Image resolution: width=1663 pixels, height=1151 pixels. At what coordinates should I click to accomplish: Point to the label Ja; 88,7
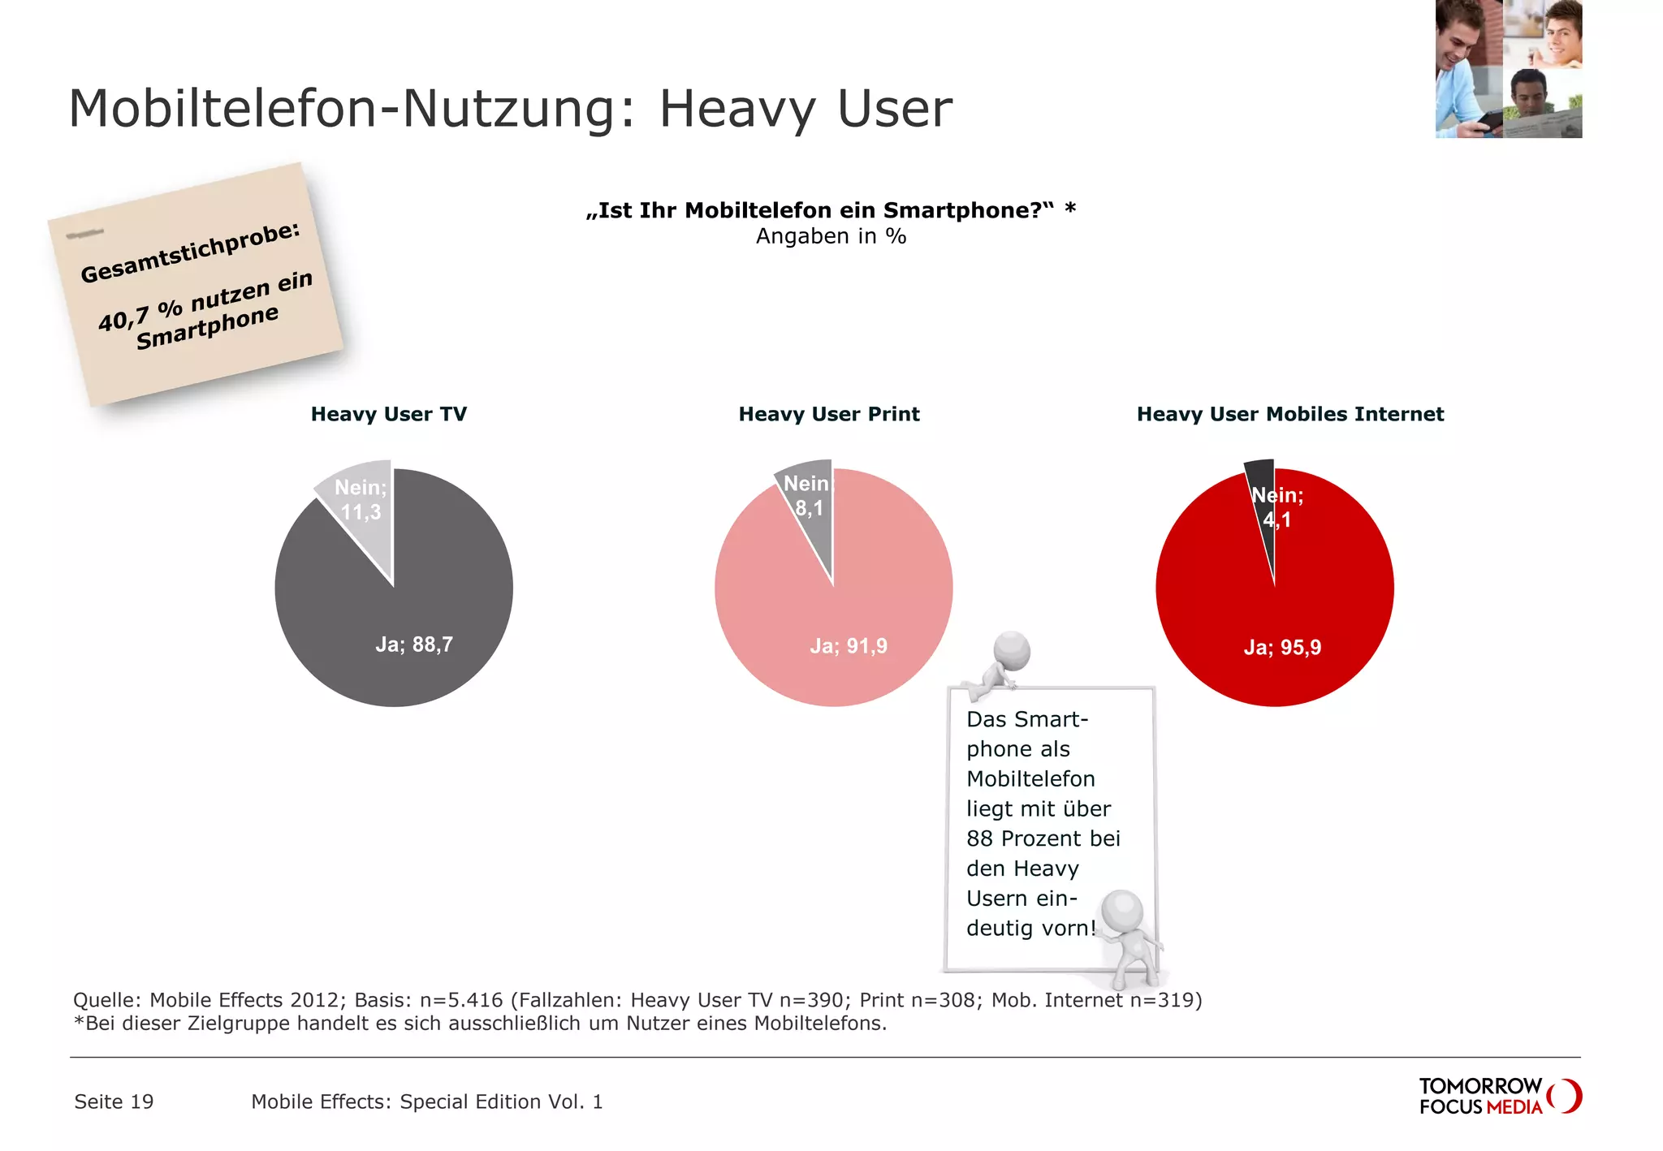point(414,644)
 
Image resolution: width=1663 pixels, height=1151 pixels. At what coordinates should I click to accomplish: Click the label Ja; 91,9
point(849,646)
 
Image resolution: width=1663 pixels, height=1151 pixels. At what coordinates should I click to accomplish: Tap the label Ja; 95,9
point(1282,648)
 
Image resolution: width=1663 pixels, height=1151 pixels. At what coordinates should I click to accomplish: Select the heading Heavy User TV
point(389,414)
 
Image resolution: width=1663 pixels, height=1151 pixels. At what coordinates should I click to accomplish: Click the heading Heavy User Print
point(829,414)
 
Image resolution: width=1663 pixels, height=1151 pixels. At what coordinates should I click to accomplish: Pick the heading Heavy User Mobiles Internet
point(1290,414)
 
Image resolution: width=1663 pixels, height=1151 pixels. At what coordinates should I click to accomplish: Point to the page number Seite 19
point(114,1101)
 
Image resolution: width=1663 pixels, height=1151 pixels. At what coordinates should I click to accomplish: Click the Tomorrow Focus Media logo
point(1499,1096)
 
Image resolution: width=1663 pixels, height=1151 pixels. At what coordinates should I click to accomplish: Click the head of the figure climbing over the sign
point(1012,649)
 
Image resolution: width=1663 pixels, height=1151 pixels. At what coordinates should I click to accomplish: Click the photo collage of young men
point(1508,69)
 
